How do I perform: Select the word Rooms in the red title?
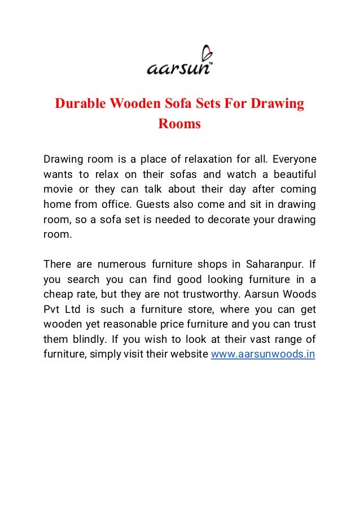pyautogui.click(x=179, y=124)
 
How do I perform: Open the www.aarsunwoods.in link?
pyautogui.click(x=262, y=354)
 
